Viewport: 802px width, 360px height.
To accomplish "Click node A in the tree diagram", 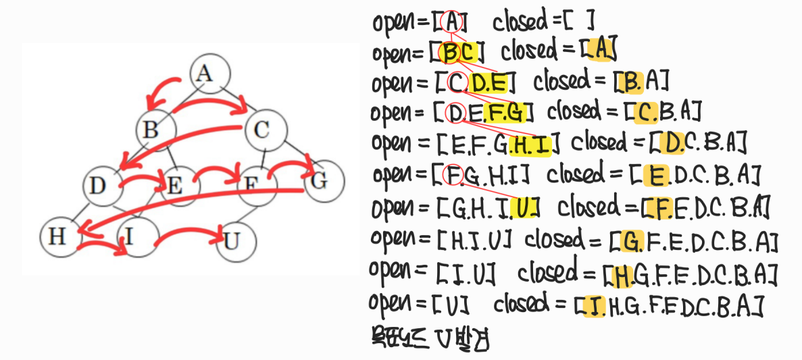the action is [210, 73].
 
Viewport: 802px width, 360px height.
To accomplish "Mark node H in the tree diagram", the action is [59, 237].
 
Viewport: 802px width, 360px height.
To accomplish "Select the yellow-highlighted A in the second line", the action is [600, 49].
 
